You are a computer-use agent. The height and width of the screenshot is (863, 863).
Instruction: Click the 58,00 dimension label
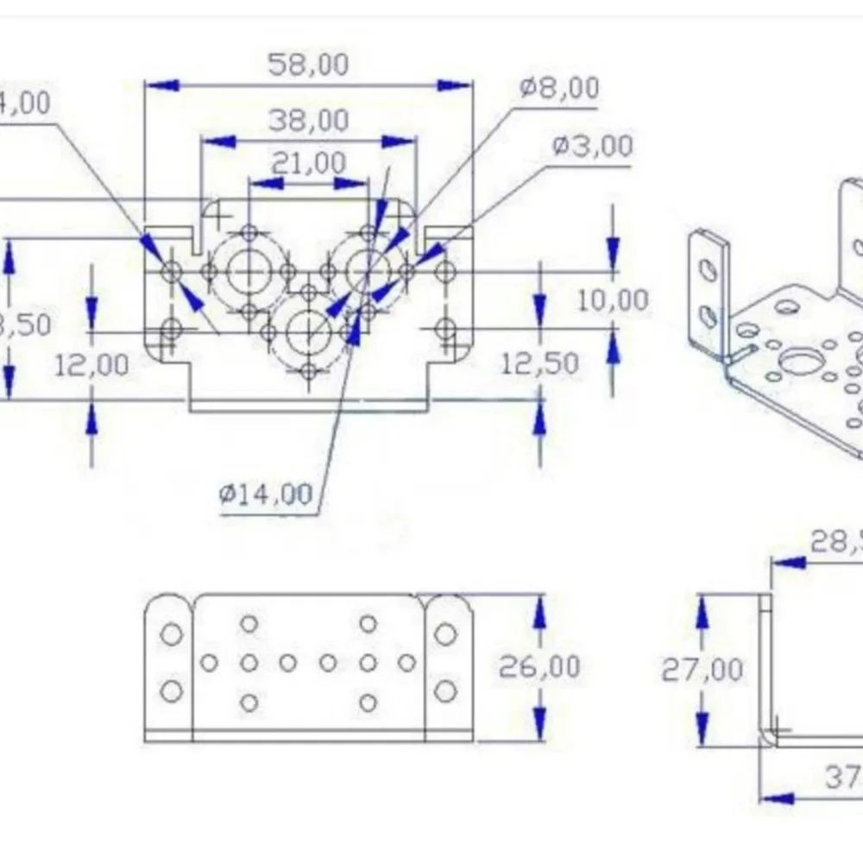[x=308, y=65]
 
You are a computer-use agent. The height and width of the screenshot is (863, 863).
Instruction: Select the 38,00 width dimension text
[x=308, y=120]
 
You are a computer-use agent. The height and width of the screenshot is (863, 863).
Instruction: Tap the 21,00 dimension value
[x=308, y=162]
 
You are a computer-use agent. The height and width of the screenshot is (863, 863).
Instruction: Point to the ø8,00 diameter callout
[x=559, y=87]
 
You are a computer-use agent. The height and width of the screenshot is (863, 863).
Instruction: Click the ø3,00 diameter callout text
[x=592, y=146]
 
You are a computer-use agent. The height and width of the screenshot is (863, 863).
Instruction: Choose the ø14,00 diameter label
[x=265, y=494]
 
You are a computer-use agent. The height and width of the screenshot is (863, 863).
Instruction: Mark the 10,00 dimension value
[x=613, y=301]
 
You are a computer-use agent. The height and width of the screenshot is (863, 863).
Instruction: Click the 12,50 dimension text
[x=540, y=362]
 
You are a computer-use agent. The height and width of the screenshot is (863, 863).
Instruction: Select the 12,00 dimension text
[x=91, y=364]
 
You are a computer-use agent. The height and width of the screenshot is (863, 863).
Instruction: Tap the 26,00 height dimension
[x=540, y=666]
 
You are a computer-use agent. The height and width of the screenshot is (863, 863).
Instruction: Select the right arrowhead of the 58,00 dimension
[x=455, y=85]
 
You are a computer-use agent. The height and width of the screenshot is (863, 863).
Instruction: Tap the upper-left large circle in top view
[x=249, y=272]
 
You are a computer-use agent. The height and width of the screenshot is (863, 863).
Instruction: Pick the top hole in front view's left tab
[x=172, y=634]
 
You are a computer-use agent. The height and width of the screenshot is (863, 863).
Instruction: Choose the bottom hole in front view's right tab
[x=444, y=690]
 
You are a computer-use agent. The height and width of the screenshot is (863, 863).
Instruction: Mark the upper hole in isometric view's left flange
[x=707, y=271]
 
